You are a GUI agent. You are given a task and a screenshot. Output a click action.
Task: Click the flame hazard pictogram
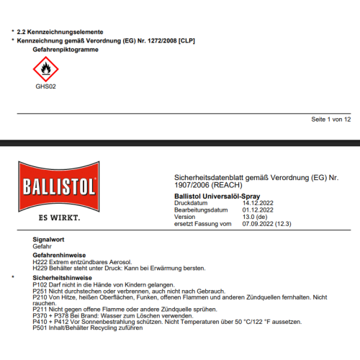(x=45, y=69)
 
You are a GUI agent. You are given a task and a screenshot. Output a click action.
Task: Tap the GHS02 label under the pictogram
(x=45, y=86)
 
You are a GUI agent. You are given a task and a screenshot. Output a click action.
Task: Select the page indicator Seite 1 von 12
(x=330, y=119)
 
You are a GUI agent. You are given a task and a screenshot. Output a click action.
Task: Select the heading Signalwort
(x=50, y=238)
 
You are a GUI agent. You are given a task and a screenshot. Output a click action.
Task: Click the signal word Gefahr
(x=42, y=246)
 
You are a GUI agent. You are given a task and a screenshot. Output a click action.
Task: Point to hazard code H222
(x=41, y=261)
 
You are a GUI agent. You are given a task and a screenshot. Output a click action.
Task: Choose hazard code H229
(x=41, y=268)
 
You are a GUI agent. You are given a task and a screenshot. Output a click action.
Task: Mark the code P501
(x=41, y=329)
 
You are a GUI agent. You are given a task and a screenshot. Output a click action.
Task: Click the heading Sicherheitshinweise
(x=62, y=276)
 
